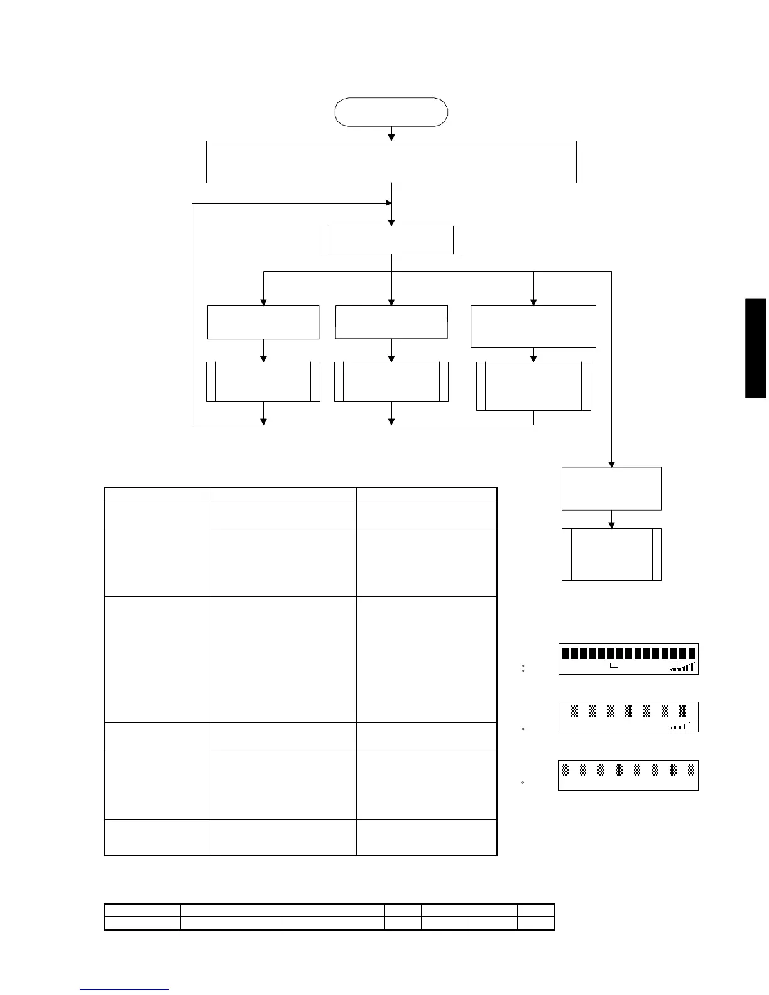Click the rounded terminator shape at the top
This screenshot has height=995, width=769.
click(391, 112)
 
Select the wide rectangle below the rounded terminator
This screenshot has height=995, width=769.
click(391, 162)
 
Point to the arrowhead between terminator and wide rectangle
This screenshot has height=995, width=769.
click(391, 137)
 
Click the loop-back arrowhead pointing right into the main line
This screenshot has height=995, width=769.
click(388, 203)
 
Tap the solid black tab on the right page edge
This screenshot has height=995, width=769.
click(756, 348)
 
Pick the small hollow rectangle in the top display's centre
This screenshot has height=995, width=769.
click(614, 665)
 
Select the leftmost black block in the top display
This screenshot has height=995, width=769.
click(565, 653)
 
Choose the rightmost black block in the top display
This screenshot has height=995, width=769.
click(692, 653)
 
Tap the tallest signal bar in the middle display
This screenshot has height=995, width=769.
click(695, 725)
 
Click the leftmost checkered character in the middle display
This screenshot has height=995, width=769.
click(574, 712)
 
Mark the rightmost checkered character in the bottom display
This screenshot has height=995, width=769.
click(691, 769)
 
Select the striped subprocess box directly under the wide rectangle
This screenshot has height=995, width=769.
click(391, 240)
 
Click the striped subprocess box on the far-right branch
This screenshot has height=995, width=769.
click(611, 554)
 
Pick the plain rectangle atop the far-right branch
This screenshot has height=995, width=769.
click(611, 488)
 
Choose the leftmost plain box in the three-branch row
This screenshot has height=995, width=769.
click(263, 322)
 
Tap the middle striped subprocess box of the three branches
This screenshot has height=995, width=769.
click(391, 381)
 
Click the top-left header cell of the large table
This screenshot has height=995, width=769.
click(156, 494)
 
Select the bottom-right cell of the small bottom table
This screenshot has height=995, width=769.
click(536, 923)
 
